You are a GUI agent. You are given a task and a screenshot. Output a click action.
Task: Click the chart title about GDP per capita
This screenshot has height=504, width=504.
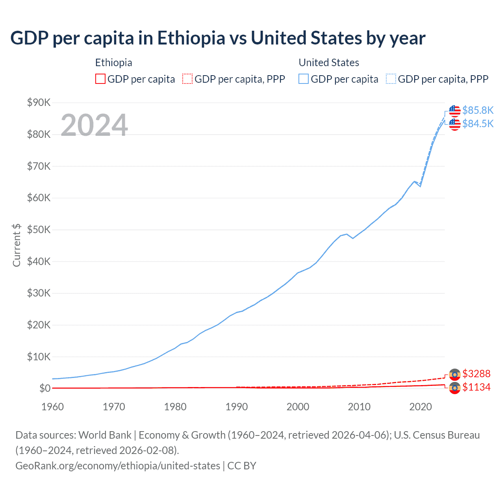(218, 38)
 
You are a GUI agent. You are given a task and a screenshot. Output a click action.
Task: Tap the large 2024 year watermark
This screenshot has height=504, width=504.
(94, 125)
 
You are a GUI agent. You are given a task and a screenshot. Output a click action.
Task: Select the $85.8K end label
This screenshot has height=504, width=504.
(478, 110)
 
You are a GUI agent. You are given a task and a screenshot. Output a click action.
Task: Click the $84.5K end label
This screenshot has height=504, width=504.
(478, 124)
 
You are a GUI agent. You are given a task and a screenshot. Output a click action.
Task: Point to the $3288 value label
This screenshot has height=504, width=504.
(476, 374)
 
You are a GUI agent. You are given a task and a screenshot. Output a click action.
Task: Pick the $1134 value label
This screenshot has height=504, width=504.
(476, 387)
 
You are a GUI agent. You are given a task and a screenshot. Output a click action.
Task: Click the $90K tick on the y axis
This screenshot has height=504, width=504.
(39, 103)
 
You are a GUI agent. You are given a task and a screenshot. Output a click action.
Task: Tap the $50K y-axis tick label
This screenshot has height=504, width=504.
(39, 230)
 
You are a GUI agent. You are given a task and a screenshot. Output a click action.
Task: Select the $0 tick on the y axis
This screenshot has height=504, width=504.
(45, 389)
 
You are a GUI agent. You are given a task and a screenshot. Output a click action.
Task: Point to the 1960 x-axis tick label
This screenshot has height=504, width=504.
(52, 407)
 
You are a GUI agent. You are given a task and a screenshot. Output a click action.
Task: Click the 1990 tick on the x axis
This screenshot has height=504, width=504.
(237, 407)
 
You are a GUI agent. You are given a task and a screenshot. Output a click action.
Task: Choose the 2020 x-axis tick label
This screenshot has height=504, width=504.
(421, 407)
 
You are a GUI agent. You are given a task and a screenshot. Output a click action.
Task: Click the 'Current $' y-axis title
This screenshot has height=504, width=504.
(17, 245)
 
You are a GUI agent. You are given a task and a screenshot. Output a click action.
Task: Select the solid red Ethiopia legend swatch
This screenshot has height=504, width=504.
(100, 79)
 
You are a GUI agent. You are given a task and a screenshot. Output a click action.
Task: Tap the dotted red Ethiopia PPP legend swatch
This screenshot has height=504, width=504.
(187, 79)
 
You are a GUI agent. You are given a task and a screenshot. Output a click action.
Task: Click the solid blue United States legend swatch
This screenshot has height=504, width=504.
(304, 79)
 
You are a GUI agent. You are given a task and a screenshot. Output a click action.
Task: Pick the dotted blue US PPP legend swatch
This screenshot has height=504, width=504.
(391, 79)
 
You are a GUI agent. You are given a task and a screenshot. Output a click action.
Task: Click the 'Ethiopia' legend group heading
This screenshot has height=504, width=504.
(113, 63)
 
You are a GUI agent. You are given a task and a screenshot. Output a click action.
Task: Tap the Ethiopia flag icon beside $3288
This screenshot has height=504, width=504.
(455, 374)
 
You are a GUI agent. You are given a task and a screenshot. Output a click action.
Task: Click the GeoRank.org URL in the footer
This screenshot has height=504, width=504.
(118, 466)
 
